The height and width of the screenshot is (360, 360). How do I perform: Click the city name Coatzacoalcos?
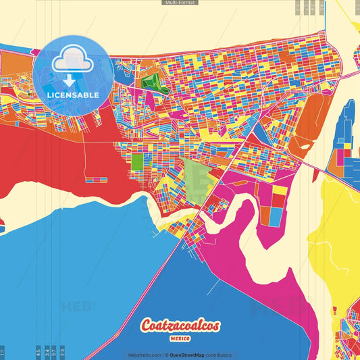click(x=180, y=325)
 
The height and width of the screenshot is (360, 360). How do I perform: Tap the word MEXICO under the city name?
click(x=180, y=337)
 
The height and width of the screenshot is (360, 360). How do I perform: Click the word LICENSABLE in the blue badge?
click(x=74, y=95)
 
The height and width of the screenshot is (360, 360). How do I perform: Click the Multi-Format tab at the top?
click(x=180, y=3)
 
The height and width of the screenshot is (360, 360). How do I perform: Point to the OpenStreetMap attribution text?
click(x=201, y=355)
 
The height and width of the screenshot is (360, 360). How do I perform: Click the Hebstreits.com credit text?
click(x=145, y=355)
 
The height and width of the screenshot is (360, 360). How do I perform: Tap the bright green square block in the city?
click(x=137, y=161)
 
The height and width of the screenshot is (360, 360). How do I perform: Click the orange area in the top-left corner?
click(x=17, y=64)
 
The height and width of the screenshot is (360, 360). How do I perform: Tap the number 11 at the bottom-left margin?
click(x=3, y=352)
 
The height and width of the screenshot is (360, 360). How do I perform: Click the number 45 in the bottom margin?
click(x=38, y=351)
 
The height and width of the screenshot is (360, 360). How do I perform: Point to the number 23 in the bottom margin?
click(x=62, y=351)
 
